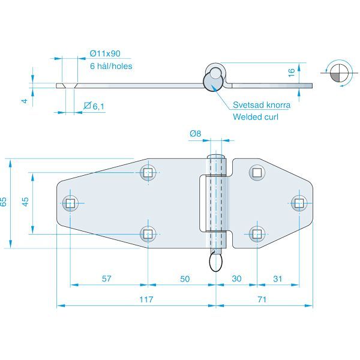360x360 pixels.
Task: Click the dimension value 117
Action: (x=146, y=299)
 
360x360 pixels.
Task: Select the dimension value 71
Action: (x=260, y=299)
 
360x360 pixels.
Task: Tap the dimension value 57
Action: (x=107, y=278)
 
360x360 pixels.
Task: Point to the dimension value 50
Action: (x=185, y=278)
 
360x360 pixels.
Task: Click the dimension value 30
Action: (x=236, y=278)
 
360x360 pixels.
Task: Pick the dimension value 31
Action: (x=277, y=278)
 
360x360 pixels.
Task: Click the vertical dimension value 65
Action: (x=4, y=202)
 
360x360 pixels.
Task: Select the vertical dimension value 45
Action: (x=25, y=202)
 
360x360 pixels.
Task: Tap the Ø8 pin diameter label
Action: (x=194, y=134)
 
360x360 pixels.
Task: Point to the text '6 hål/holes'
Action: (x=110, y=67)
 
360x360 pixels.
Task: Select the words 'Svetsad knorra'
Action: (x=262, y=105)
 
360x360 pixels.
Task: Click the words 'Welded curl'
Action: (x=256, y=116)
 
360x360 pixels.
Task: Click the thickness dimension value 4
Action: (x=25, y=101)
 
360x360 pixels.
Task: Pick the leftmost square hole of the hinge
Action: (x=70, y=203)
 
